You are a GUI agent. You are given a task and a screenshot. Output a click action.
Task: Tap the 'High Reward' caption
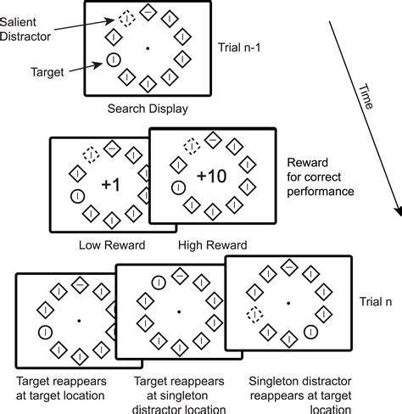[213, 246]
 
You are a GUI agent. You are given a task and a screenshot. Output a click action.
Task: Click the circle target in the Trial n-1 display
[112, 59]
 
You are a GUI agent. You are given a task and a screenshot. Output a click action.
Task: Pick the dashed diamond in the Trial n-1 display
[126, 17]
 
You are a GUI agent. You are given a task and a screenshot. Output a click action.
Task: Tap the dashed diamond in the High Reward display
[192, 147]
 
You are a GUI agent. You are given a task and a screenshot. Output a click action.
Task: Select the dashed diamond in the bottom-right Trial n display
[253, 315]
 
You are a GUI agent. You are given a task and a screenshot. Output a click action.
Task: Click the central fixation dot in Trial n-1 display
[148, 49]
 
